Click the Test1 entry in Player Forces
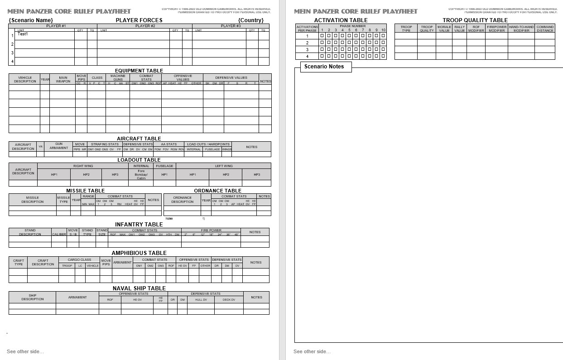pyautogui.click(x=23, y=34)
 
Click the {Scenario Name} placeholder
pyautogui.click(x=31, y=20)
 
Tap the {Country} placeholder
pyautogui.click(x=251, y=20)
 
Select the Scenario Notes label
pyautogui.click(x=324, y=67)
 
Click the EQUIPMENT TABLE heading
pyautogui.click(x=139, y=71)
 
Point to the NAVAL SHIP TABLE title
pyautogui.click(x=139, y=288)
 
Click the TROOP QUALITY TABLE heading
pyautogui.click(x=475, y=20)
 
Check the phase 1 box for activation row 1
pyautogui.click(x=322, y=36)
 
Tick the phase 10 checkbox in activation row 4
pyautogui.click(x=383, y=56)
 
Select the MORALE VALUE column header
pyautogui.click(x=444, y=29)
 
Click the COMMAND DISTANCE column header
pyautogui.click(x=545, y=29)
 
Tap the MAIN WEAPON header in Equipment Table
pyautogui.click(x=63, y=79)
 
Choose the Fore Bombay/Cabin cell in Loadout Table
pyautogui.click(x=141, y=174)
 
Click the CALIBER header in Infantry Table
pyautogui.click(x=59, y=234)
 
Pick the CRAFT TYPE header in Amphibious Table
pyautogui.click(x=19, y=262)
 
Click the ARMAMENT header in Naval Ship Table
pyautogui.click(x=77, y=297)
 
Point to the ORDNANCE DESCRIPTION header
pyautogui.click(x=183, y=199)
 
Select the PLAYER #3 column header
pyautogui.click(x=231, y=26)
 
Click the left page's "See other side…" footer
pyautogui.click(x=25, y=351)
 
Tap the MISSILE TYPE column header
pyautogui.click(x=63, y=199)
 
